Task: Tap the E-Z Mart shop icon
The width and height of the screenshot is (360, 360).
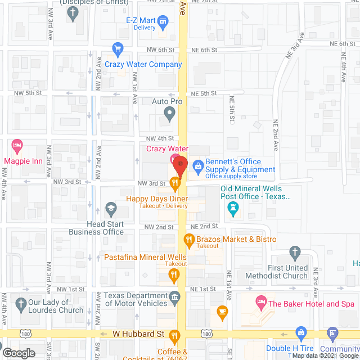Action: pyautogui.click(x=164, y=22)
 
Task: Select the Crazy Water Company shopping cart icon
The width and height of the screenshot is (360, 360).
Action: pyautogui.click(x=118, y=49)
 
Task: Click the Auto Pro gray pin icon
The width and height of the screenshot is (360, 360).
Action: pyautogui.click(x=169, y=115)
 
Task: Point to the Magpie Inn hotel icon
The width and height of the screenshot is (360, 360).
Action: pyautogui.click(x=17, y=147)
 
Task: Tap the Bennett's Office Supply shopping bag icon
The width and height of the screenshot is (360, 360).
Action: pyautogui.click(x=197, y=165)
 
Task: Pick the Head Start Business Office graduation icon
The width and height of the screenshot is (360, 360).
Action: pyautogui.click(x=111, y=209)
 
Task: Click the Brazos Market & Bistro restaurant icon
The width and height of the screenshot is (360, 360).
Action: pyautogui.click(x=190, y=240)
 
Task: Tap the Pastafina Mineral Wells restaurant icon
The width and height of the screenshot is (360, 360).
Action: pyautogui.click(x=174, y=276)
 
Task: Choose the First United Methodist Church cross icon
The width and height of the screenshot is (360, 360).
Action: pyautogui.click(x=295, y=252)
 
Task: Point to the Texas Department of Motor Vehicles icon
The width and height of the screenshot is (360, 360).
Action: pyautogui.click(x=174, y=296)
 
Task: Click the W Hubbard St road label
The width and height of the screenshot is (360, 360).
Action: pyautogui.click(x=138, y=334)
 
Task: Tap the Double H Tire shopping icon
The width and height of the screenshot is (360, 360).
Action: pyautogui.click(x=301, y=332)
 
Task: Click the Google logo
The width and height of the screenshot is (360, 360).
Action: pyautogui.click(x=18, y=353)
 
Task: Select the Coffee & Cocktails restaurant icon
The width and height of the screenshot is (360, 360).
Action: pyautogui.click(x=174, y=337)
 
